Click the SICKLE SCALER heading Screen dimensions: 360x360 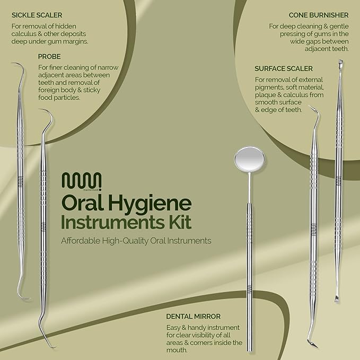click(37, 15)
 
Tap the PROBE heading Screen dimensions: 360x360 click(49, 57)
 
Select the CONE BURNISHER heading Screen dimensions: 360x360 click(319, 15)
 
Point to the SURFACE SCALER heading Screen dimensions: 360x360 click(284, 68)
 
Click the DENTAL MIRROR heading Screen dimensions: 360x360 click(194, 317)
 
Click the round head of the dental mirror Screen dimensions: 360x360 click(250, 159)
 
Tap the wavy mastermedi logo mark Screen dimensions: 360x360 click(82, 181)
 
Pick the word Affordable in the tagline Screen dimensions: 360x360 click(81, 241)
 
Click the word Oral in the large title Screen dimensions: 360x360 click(82, 203)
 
